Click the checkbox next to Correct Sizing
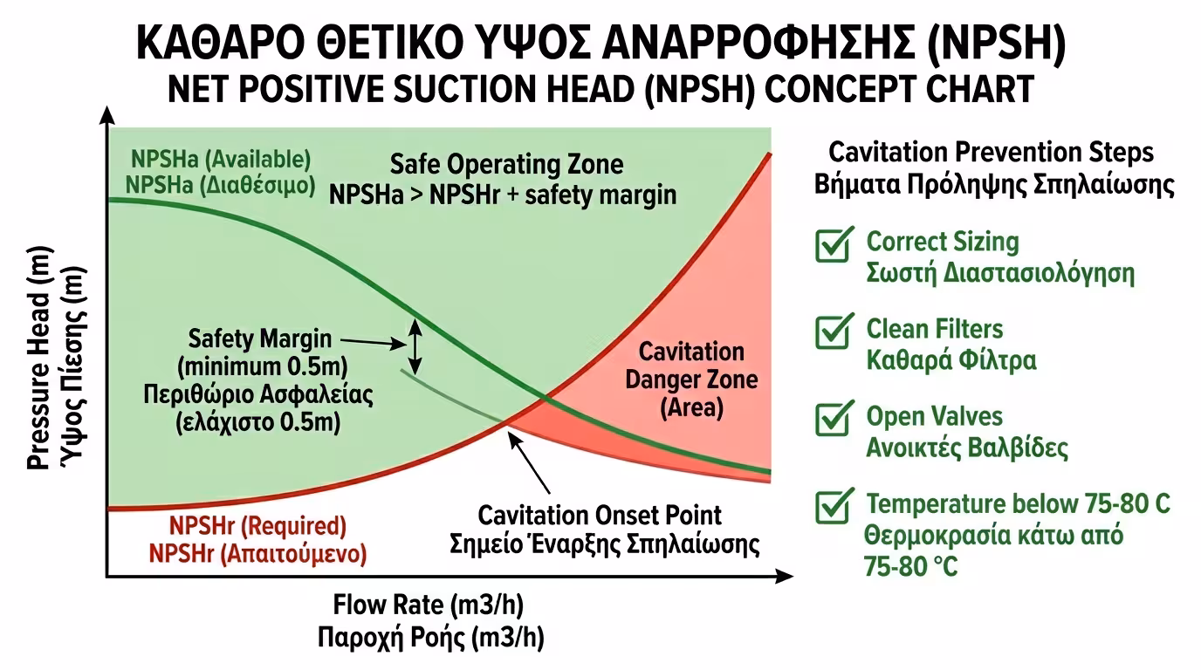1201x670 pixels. [832, 245]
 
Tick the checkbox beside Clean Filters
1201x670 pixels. [832, 332]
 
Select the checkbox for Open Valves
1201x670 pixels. [832, 420]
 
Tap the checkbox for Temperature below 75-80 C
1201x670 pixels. [832, 507]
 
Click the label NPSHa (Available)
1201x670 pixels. [221, 160]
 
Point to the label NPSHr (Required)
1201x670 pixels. [257, 526]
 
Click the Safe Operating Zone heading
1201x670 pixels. [506, 164]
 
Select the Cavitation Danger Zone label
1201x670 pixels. [691, 379]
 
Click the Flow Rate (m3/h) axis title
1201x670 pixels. [429, 605]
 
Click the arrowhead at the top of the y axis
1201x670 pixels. [106, 113]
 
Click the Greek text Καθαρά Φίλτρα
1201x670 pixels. [951, 359]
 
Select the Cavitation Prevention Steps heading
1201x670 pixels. [991, 153]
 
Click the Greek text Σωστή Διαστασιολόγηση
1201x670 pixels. [999, 271]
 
